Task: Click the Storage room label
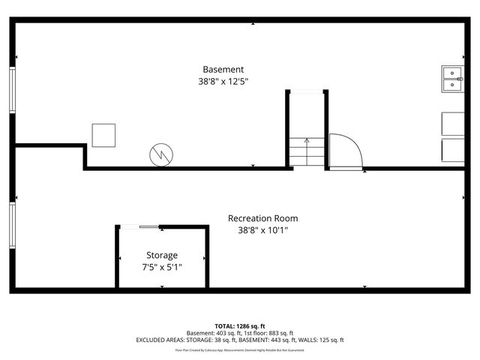[161, 255]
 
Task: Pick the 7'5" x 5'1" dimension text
[161, 267]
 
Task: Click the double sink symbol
[453, 79]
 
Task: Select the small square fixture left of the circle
[103, 135]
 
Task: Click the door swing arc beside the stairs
[345, 150]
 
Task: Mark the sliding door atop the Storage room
[140, 226]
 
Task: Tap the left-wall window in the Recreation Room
[12, 226]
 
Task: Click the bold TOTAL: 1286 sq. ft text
[240, 327]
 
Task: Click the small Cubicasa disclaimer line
[240, 349]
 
